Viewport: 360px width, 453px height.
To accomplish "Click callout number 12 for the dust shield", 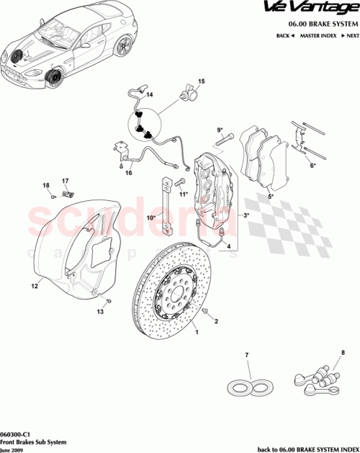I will [33, 286].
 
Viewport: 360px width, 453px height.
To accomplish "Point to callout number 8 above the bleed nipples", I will [343, 353].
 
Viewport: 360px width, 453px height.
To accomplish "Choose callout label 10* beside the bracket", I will [153, 217].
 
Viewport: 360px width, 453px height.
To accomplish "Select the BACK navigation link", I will [286, 35].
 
